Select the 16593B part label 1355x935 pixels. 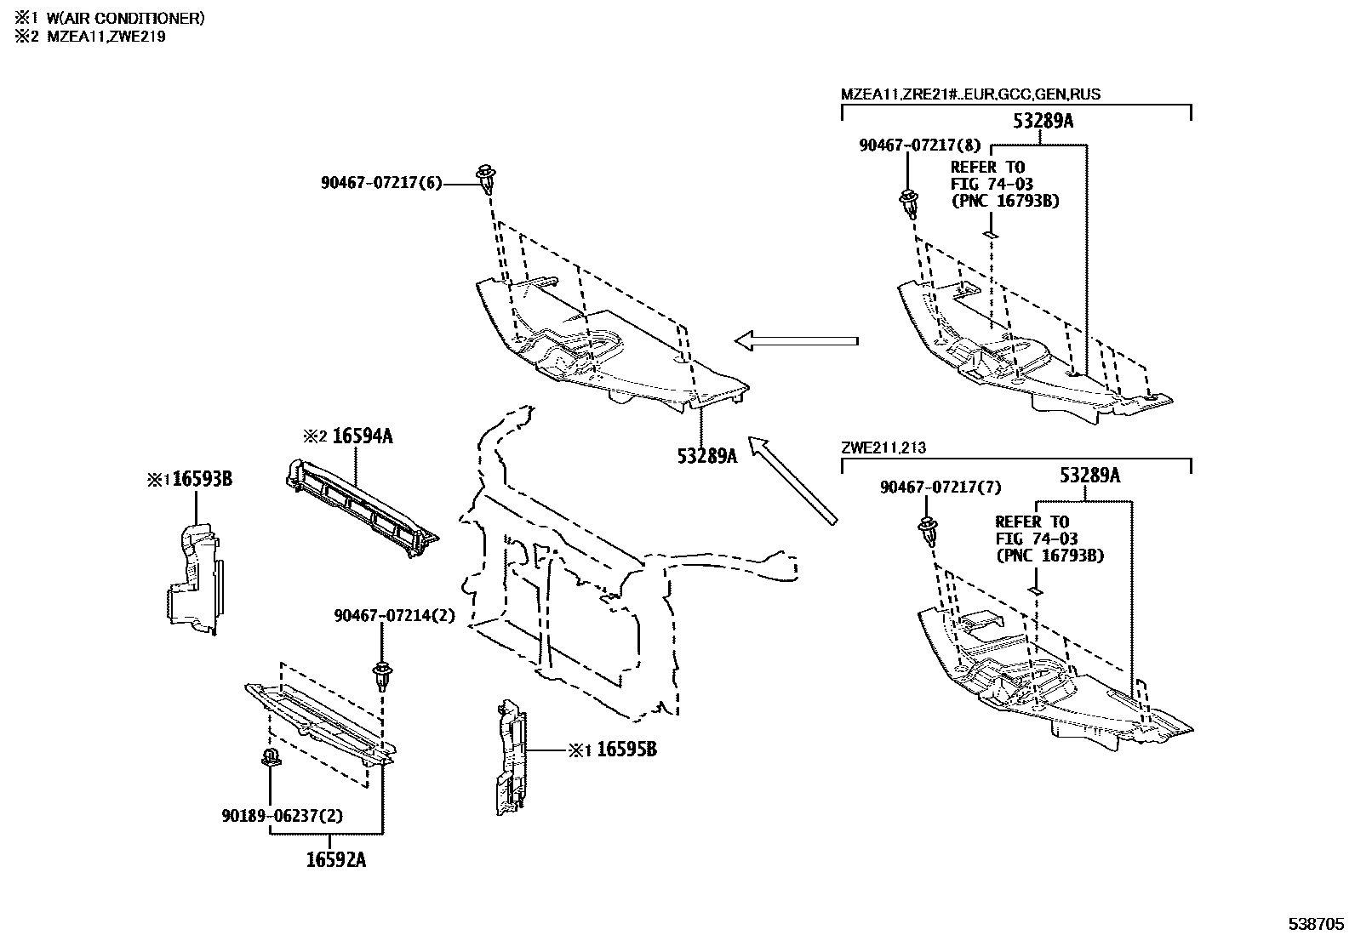[x=202, y=480]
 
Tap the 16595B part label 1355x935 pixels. [x=626, y=750]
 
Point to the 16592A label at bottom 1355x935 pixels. [x=336, y=859]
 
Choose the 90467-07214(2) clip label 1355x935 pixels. [x=394, y=616]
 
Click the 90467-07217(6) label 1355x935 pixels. [x=381, y=183]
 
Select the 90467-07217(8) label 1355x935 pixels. [x=920, y=145]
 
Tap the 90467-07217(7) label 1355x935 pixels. [x=940, y=487]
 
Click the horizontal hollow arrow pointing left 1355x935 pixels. [x=796, y=341]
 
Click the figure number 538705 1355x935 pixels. [x=1315, y=923]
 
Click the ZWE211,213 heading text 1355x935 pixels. [x=883, y=448]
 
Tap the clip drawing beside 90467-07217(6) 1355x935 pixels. [x=488, y=179]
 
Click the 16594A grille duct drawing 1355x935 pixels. [x=362, y=508]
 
